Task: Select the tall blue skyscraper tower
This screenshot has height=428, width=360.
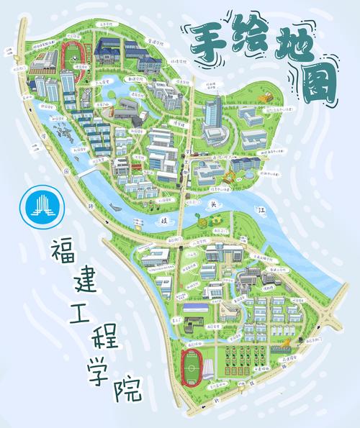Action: coord(212,115)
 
